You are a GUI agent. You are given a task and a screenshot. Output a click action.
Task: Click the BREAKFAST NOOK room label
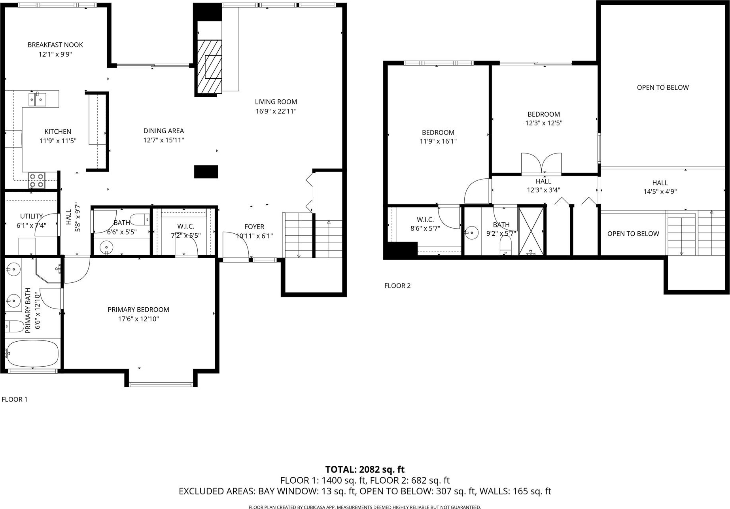point(55,45)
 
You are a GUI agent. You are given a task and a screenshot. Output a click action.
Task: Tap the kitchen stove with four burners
point(37,180)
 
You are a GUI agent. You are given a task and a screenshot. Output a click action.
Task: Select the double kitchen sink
point(37,99)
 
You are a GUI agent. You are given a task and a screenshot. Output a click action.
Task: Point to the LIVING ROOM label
point(276,102)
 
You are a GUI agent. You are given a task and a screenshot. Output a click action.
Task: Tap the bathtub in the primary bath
point(32,354)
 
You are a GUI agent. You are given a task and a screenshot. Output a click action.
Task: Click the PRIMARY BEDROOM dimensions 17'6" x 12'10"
point(138,319)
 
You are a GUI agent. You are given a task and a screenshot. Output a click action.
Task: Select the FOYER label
point(254,227)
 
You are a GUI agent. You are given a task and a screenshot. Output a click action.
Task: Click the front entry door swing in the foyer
point(236,245)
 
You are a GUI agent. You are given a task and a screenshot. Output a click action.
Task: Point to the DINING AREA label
point(164,131)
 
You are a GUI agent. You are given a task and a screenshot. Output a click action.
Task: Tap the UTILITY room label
point(32,216)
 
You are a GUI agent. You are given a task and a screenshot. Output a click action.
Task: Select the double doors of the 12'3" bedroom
point(541,164)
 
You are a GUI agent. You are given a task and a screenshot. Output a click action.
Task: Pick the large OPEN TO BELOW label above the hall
point(663,88)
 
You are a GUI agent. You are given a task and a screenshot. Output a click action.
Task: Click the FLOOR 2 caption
point(397,286)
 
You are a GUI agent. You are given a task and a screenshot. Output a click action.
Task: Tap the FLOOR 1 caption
point(15,399)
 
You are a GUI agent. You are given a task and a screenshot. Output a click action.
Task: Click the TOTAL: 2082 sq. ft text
point(365,469)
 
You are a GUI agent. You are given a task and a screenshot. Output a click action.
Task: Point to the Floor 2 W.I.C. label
point(425,220)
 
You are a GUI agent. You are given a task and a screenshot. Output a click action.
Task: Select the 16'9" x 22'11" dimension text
point(276,112)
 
